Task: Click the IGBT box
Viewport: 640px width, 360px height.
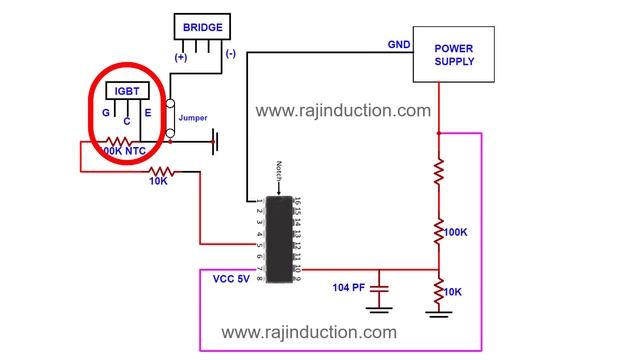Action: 126,92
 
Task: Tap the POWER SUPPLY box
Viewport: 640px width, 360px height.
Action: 454,54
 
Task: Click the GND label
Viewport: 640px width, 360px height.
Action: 399,44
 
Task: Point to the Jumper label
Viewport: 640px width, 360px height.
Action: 193,118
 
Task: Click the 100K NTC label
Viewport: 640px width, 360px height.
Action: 123,151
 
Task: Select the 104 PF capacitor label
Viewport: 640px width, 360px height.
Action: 350,287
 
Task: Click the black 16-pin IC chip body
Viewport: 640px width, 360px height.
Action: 279,239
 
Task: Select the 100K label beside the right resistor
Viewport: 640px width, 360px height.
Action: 456,231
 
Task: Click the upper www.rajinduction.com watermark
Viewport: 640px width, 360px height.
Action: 343,111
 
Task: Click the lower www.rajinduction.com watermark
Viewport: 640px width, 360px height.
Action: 308,332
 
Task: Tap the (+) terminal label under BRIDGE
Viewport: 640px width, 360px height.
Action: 180,56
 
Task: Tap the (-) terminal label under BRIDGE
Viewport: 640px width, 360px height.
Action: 231,53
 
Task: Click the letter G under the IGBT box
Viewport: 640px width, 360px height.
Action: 106,113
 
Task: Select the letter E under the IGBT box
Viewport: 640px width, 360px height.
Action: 147,113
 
